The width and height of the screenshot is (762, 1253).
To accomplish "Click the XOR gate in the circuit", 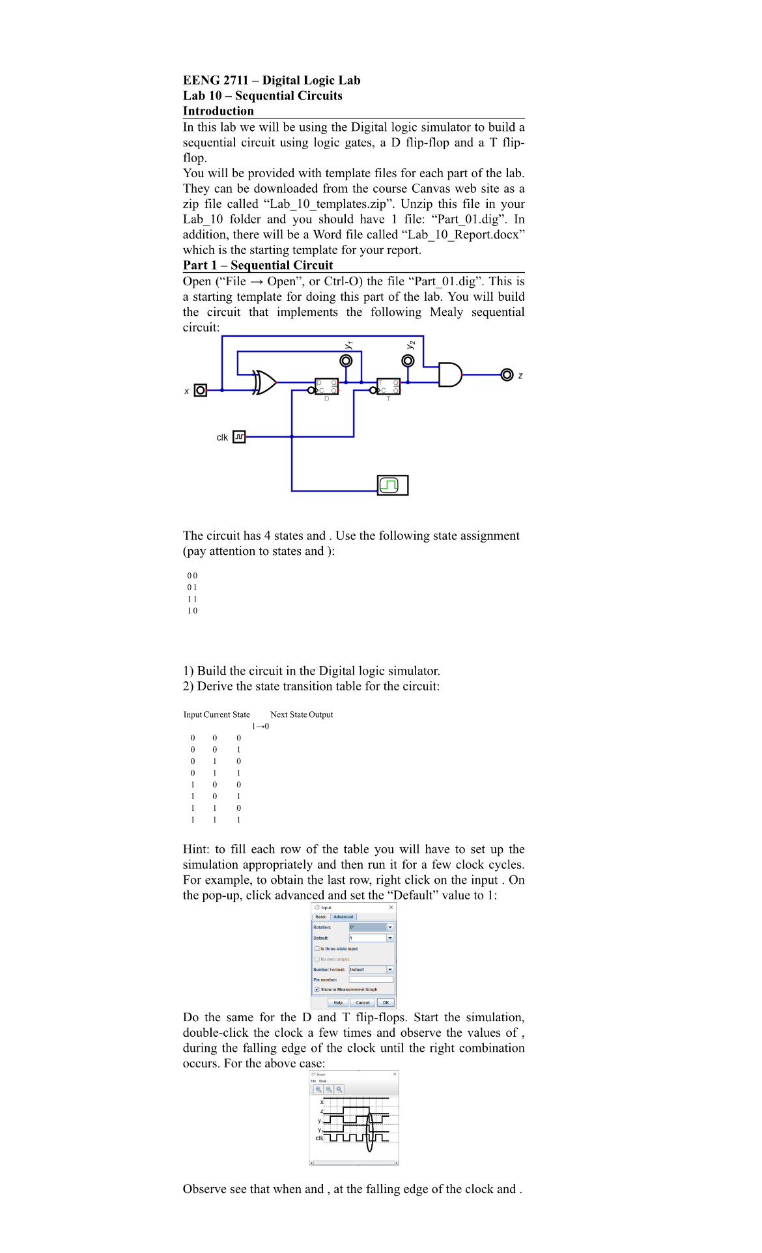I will click(x=264, y=382).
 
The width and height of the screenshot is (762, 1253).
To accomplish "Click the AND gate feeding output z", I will click(x=449, y=374).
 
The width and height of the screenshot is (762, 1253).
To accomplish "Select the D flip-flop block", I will click(x=326, y=387).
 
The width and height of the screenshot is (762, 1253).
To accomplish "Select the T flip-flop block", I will click(x=388, y=387).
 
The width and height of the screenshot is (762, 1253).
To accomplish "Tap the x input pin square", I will click(x=201, y=390).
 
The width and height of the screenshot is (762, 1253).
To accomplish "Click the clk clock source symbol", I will click(x=239, y=437).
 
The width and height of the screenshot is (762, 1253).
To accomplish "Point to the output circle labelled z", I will click(x=507, y=374).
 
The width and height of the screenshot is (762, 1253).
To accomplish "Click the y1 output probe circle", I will click(x=346, y=361).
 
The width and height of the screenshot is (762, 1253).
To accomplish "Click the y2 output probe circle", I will click(x=408, y=361).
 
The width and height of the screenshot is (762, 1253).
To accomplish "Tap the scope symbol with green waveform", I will click(x=393, y=485).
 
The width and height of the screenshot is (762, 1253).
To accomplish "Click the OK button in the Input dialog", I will click(x=386, y=1003).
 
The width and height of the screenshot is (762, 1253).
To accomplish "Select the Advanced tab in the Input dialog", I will click(x=343, y=917).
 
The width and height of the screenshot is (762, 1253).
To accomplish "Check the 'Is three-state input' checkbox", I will click(x=317, y=949).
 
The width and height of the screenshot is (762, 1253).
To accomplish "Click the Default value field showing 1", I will click(x=367, y=938).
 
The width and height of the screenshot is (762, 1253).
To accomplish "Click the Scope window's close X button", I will click(x=395, y=1074).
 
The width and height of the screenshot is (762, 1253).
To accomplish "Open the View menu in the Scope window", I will click(x=322, y=1080).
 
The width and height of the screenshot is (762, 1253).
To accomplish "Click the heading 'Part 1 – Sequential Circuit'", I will click(x=258, y=265).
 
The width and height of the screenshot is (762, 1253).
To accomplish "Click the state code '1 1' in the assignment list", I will click(x=192, y=599).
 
